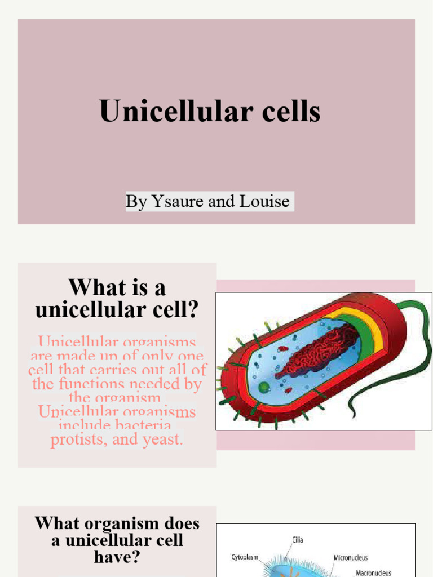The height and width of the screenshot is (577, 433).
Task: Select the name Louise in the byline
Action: pos(264,201)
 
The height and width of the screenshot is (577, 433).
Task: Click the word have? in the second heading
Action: pos(117,558)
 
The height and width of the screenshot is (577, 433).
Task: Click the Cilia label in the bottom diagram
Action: pos(298,540)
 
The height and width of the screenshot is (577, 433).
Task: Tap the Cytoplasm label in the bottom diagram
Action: pos(245,557)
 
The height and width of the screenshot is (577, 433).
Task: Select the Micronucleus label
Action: pos(351,558)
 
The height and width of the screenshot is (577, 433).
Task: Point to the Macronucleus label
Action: pos(373,573)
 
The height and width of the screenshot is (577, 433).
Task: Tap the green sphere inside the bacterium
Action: pos(263,387)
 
